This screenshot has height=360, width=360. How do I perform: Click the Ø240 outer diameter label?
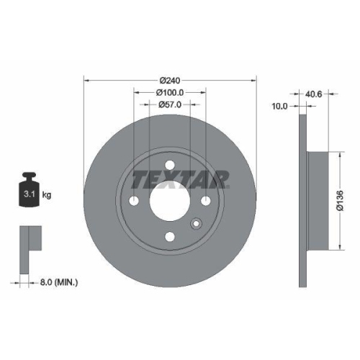(170, 79)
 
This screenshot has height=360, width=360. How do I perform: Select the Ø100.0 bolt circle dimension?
(170, 92)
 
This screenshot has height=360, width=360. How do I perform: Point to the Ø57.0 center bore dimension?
(170, 104)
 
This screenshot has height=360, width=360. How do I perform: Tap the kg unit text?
(46, 194)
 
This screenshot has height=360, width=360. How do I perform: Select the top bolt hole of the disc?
(170, 165)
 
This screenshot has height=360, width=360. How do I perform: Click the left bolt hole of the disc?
(135, 200)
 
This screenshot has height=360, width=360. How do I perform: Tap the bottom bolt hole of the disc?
(170, 235)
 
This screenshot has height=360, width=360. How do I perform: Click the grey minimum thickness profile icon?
(27, 240)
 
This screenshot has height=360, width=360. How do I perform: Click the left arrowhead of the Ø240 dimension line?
(87, 79)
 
